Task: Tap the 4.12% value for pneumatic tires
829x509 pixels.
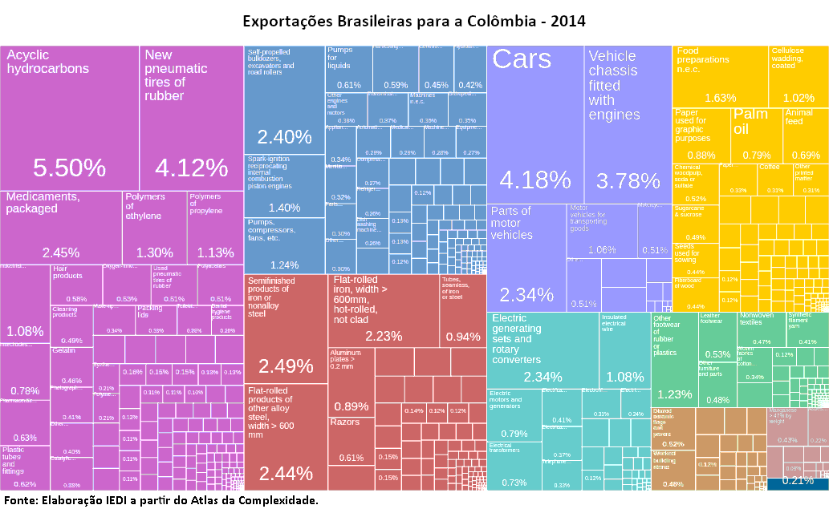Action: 192,168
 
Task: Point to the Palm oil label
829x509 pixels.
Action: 751,122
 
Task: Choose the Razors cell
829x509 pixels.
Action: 351,441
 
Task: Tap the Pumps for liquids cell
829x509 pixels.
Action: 348,69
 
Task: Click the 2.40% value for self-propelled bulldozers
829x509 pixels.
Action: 283,136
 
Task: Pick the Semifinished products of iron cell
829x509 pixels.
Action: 285,329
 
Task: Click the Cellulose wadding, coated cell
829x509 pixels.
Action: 799,76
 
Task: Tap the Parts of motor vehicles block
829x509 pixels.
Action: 526,257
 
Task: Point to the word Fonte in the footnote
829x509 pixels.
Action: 21,500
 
